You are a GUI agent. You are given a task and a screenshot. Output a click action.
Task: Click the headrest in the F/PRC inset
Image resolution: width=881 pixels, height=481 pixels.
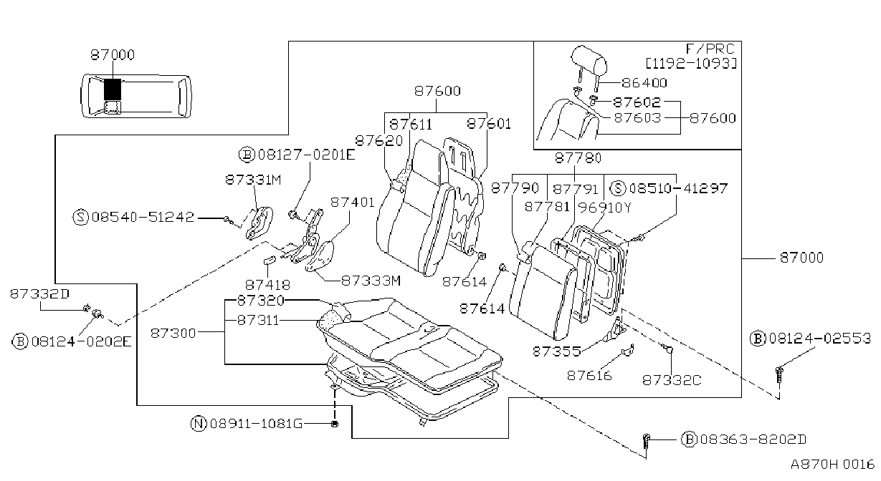[x=589, y=66]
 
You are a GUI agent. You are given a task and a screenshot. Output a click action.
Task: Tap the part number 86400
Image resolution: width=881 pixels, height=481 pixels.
[x=644, y=83]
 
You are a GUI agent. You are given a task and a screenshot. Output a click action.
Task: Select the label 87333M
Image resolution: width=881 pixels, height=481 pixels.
[x=371, y=281]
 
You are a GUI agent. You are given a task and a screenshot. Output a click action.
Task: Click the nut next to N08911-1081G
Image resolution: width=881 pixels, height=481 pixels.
[x=335, y=424]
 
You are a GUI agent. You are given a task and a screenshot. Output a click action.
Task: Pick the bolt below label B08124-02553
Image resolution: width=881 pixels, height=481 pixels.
[x=778, y=375]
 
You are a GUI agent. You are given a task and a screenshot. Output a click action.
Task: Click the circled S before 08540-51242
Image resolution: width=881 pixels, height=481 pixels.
[x=80, y=217]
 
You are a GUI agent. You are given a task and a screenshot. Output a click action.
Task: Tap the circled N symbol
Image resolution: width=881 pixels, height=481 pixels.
[x=199, y=423]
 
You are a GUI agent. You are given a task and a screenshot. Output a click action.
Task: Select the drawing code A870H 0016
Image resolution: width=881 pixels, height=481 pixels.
[x=833, y=465]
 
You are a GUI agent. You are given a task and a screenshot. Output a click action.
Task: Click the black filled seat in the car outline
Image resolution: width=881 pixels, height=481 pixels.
[x=113, y=89]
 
